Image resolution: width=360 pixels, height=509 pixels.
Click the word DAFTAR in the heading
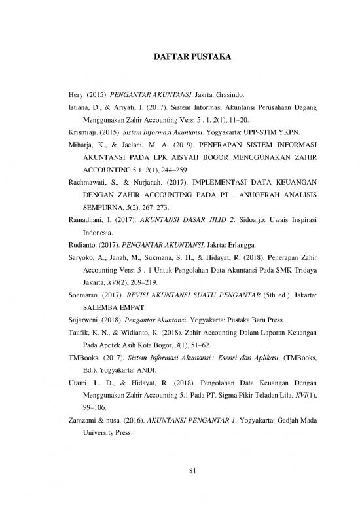pyautogui.click(x=162, y=58)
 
